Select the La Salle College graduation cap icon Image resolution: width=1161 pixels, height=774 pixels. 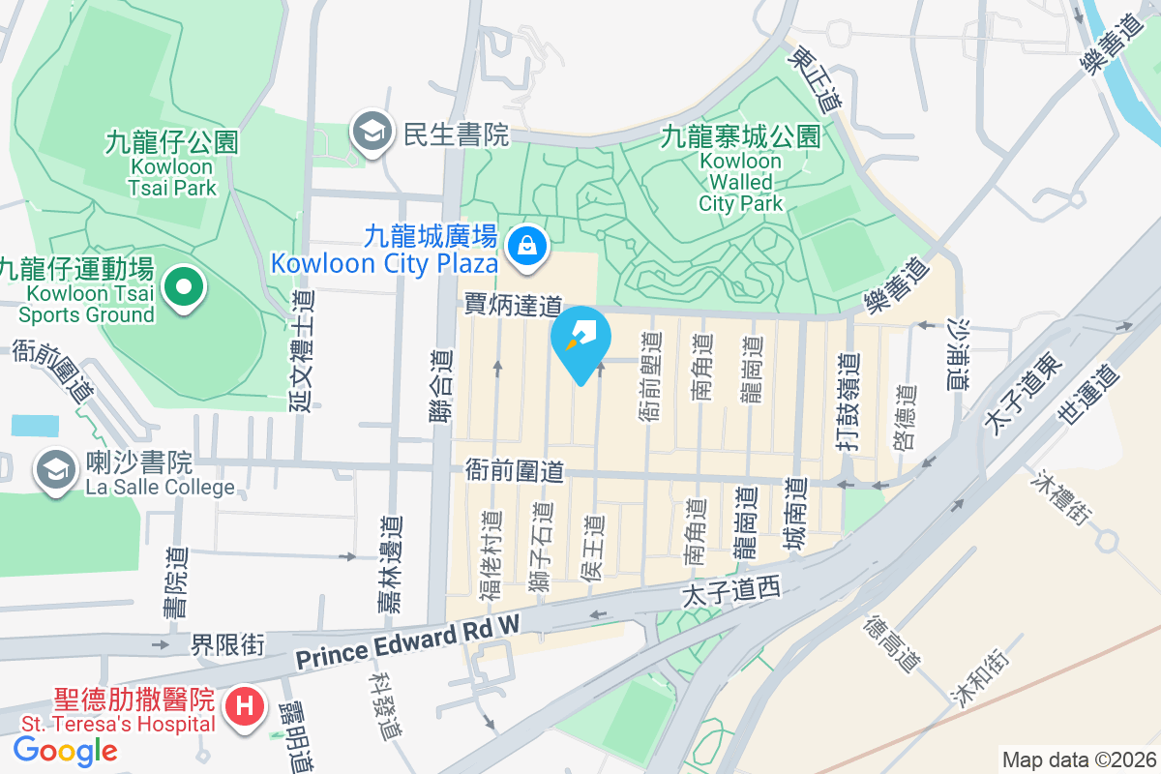coord(56,471)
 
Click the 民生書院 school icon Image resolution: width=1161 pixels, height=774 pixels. coord(371,134)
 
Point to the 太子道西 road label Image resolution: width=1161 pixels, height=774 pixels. coord(730,590)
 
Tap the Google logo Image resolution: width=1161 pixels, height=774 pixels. coord(65,750)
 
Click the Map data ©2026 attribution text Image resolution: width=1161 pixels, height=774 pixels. coord(1078,759)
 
